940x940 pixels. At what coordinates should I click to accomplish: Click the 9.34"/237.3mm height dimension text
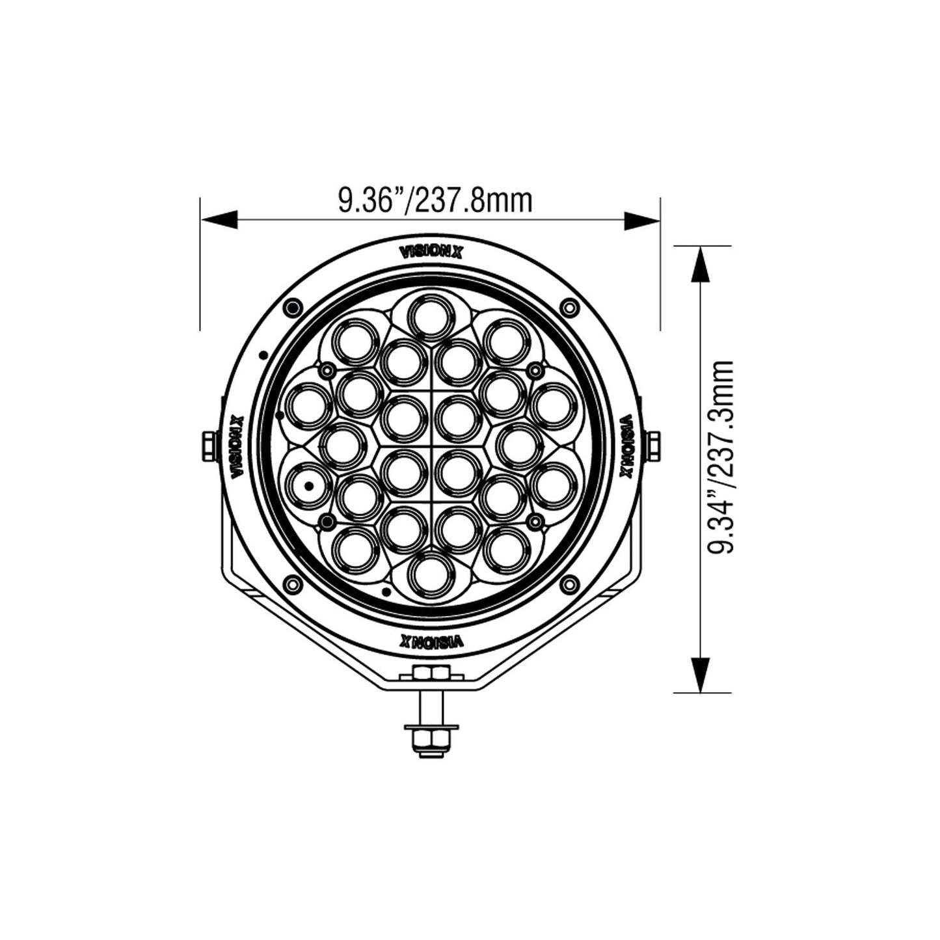[x=720, y=457]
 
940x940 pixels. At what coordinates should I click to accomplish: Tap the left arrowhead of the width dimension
[x=219, y=220]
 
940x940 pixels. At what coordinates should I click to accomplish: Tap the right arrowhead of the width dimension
[x=642, y=220]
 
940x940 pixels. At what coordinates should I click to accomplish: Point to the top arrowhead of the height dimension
[x=701, y=264]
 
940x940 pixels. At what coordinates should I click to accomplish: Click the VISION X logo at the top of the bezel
[x=431, y=252]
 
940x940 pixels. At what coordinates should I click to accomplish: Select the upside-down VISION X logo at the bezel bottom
[x=431, y=641]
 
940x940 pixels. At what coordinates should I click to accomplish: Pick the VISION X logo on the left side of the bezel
[x=237, y=446]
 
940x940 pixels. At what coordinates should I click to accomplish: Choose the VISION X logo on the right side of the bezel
[x=626, y=446]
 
